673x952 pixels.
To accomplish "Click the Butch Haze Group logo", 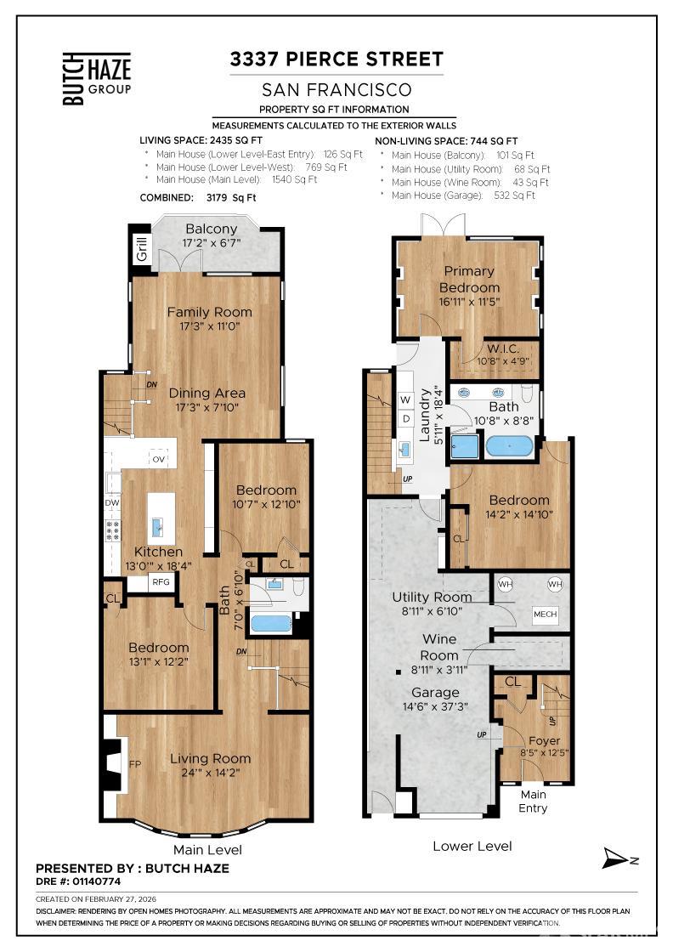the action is (x=97, y=78).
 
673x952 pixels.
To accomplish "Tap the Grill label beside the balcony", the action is (x=141, y=248).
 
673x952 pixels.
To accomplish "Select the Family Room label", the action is (x=209, y=312).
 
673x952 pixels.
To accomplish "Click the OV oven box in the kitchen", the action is (x=158, y=459).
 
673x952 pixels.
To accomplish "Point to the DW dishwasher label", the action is (x=112, y=502).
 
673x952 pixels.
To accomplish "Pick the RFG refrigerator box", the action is (x=161, y=581).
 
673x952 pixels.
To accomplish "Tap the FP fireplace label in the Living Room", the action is (x=135, y=764).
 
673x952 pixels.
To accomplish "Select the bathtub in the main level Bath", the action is (x=271, y=624).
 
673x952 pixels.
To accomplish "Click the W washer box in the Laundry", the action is (x=405, y=399).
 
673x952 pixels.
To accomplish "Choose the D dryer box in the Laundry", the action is (x=406, y=418).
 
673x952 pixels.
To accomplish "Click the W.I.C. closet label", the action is (x=503, y=348).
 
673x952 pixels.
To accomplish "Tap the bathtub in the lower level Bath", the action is (x=510, y=446).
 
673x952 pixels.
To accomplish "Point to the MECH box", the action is (x=545, y=614).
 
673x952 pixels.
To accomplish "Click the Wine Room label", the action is (x=439, y=647).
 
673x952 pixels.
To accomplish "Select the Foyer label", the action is (x=545, y=740).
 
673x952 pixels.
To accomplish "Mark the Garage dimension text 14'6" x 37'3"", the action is (x=435, y=706).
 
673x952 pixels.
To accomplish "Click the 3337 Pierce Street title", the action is (x=336, y=59).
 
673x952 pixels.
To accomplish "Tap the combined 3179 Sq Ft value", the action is (x=231, y=198).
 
